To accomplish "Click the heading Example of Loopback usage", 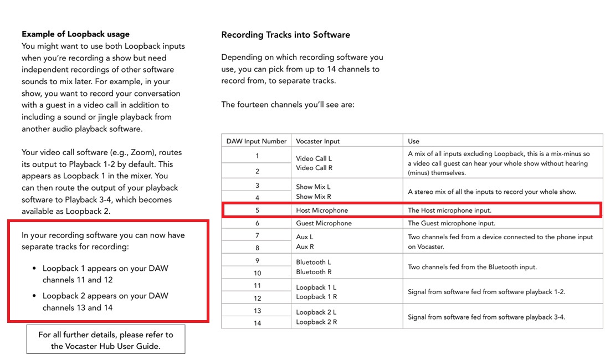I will (75, 34).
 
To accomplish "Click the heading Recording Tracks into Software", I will (285, 35).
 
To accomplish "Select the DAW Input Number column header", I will (257, 141).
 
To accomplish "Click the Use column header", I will (413, 141).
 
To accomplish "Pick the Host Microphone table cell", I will (322, 210).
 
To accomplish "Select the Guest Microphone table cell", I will (324, 223).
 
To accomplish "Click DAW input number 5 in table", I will (257, 210).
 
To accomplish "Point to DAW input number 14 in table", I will (257, 323).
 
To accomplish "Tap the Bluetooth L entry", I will (314, 262).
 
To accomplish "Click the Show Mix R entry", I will (313, 197).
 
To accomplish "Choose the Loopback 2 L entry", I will (316, 312).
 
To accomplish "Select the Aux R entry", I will (305, 246).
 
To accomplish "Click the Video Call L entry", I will (314, 158).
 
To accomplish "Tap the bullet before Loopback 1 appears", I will (34, 269).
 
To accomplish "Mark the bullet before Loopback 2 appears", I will (34, 296).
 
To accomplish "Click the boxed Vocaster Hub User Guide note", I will (106, 340).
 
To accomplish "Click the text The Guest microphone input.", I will (452, 223).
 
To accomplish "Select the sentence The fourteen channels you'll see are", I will (288, 104).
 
